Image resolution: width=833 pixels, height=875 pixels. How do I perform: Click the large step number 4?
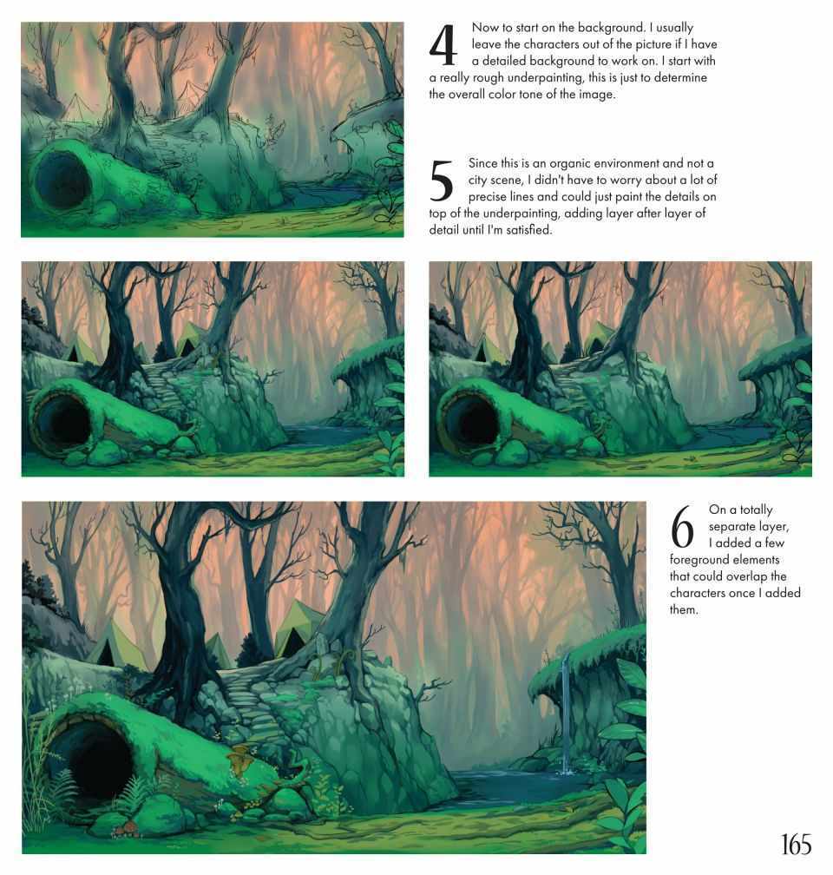[x=443, y=44]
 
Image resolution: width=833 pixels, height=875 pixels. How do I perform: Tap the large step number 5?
[x=442, y=181]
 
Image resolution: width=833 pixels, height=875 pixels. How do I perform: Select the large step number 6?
[x=682, y=527]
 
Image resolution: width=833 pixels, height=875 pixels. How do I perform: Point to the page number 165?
[x=797, y=845]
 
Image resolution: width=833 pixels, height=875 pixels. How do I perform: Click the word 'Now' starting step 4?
[x=484, y=28]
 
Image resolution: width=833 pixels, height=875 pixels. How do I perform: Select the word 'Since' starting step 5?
[x=482, y=163]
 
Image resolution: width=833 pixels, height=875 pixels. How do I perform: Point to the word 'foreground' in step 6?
[x=696, y=560]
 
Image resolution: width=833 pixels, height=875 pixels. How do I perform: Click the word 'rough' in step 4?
[x=489, y=77]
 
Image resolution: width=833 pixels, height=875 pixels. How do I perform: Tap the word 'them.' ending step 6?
[x=684, y=609]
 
